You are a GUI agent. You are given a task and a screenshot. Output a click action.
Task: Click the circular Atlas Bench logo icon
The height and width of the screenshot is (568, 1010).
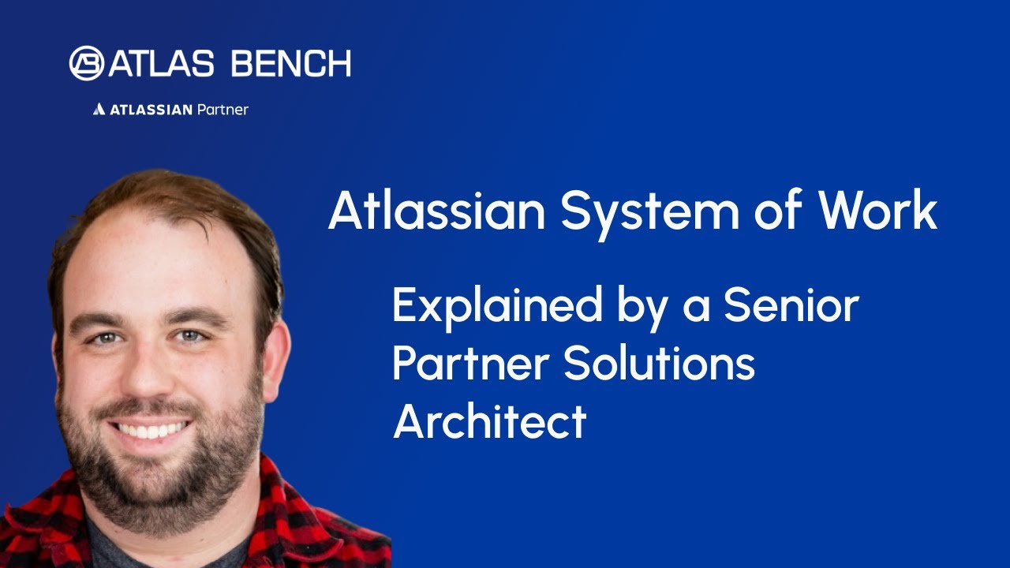coord(86,63)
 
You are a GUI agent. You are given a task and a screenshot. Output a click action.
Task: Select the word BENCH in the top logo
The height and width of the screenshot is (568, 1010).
coord(291,64)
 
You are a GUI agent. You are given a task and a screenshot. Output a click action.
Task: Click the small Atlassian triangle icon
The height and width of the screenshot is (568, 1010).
coord(99,110)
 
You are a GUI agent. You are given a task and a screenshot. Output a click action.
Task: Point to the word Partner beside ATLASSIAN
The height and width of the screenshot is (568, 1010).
coord(222,110)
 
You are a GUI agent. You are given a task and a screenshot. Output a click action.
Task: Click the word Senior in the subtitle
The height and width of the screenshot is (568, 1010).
coord(791,306)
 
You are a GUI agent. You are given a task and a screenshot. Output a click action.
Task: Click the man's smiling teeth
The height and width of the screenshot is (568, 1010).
coord(151,430)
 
